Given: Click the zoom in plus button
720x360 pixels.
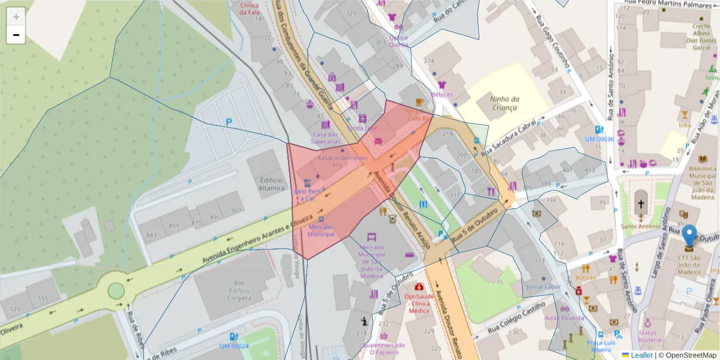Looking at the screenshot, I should click(x=16, y=16).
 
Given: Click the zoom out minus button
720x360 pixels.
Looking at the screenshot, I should click(x=16, y=35).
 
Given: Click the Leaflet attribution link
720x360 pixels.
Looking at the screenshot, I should click(x=641, y=355).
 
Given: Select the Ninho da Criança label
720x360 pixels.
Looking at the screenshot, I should click(x=504, y=103).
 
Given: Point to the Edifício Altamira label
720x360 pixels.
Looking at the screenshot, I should click(x=272, y=184).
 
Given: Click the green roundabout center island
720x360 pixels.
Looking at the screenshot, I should click(x=116, y=292).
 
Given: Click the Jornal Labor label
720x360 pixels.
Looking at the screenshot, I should click(x=542, y=287).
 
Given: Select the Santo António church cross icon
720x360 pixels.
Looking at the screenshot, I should click(x=641, y=204).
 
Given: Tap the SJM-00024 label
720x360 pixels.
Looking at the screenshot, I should click(x=233, y=346).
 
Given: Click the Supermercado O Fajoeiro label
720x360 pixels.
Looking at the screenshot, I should click(x=384, y=349).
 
